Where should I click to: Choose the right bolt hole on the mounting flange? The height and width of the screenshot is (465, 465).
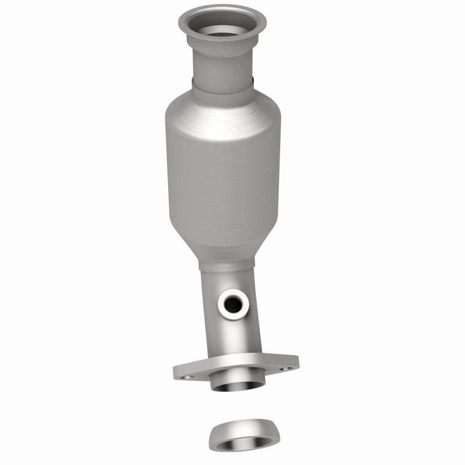(284, 368)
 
